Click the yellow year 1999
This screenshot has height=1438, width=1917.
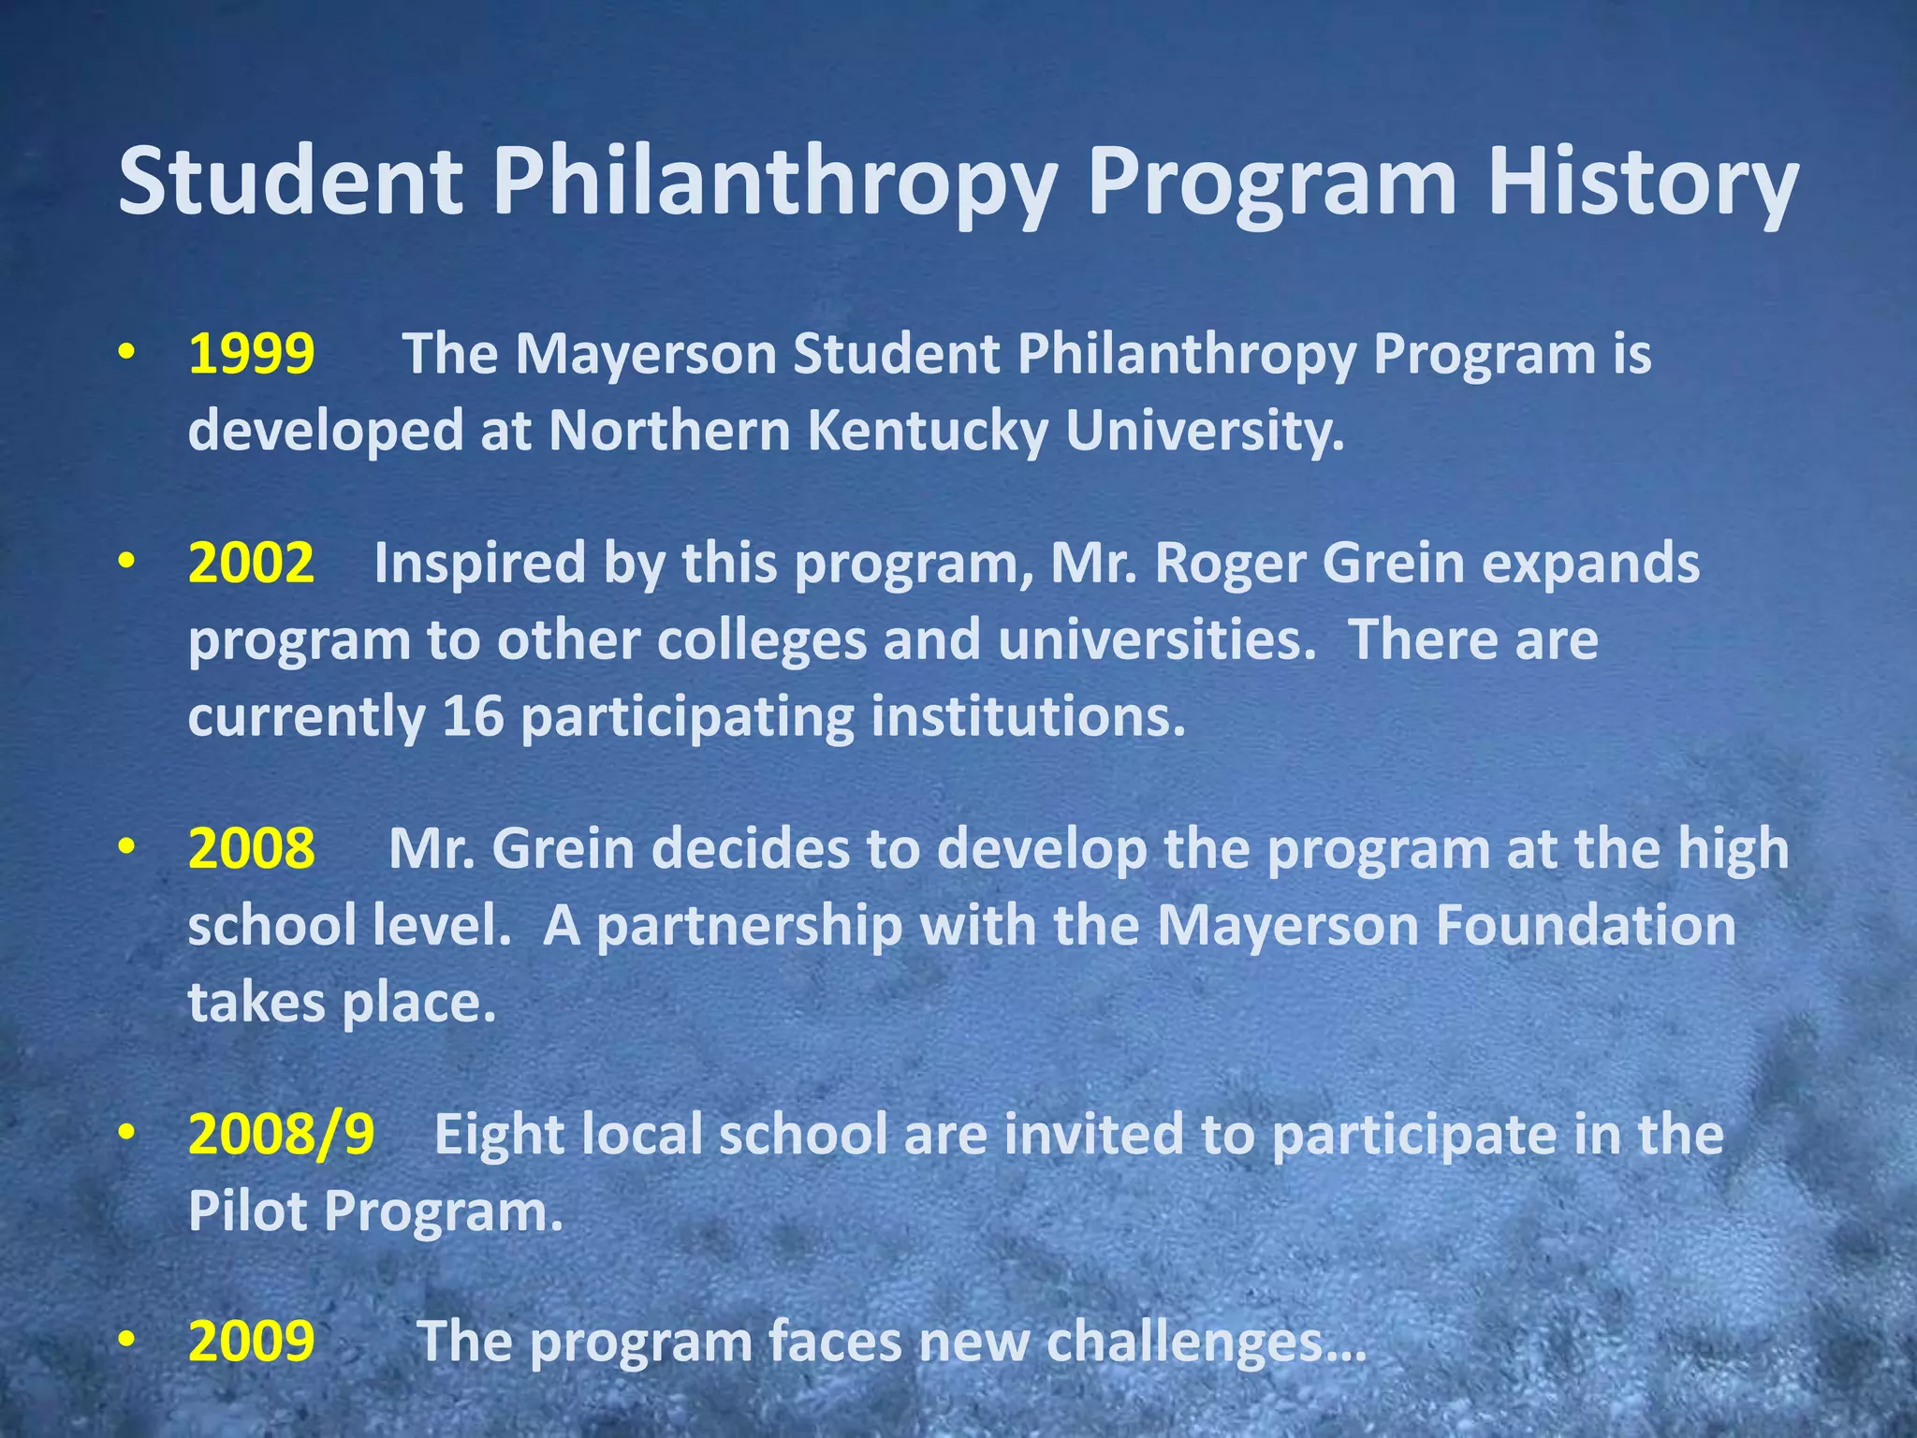click(251, 354)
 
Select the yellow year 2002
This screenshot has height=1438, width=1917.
click(251, 563)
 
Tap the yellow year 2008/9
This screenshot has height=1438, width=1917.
click(281, 1134)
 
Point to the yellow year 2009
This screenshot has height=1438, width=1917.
click(251, 1341)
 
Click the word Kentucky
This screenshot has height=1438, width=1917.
click(926, 431)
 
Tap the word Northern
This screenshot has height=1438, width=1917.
click(669, 431)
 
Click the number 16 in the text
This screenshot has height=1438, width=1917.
click(473, 716)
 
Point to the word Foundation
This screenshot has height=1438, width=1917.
click(1586, 925)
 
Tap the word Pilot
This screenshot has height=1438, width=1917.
click(248, 1211)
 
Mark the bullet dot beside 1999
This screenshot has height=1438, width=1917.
click(127, 353)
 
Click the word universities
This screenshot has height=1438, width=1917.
click(1156, 640)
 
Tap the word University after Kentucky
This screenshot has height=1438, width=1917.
click(1204, 431)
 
